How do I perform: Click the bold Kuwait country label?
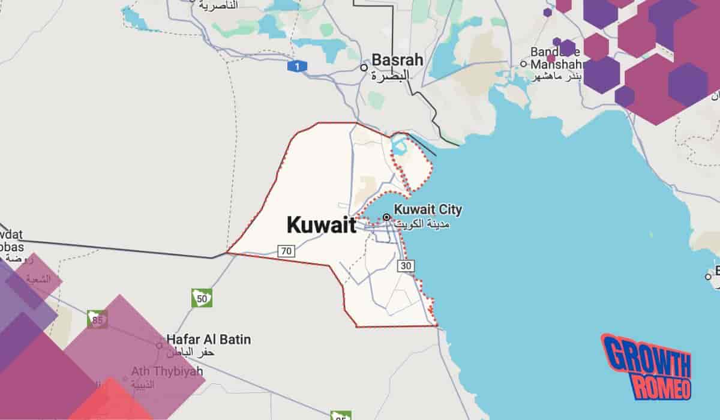click(x=321, y=225)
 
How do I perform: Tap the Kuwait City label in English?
click(x=428, y=210)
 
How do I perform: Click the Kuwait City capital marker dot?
click(x=386, y=217)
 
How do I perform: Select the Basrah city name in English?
click(x=397, y=60)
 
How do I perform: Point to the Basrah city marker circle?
click(x=364, y=68)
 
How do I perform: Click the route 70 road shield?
click(x=287, y=251)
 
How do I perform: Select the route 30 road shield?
click(x=406, y=265)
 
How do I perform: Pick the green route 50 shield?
click(x=202, y=298)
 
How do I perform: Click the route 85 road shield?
click(x=97, y=320)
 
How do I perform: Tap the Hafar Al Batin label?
click(x=200, y=340)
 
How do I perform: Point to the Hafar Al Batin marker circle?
click(x=159, y=346)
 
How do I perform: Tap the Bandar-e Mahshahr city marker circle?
click(x=523, y=64)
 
